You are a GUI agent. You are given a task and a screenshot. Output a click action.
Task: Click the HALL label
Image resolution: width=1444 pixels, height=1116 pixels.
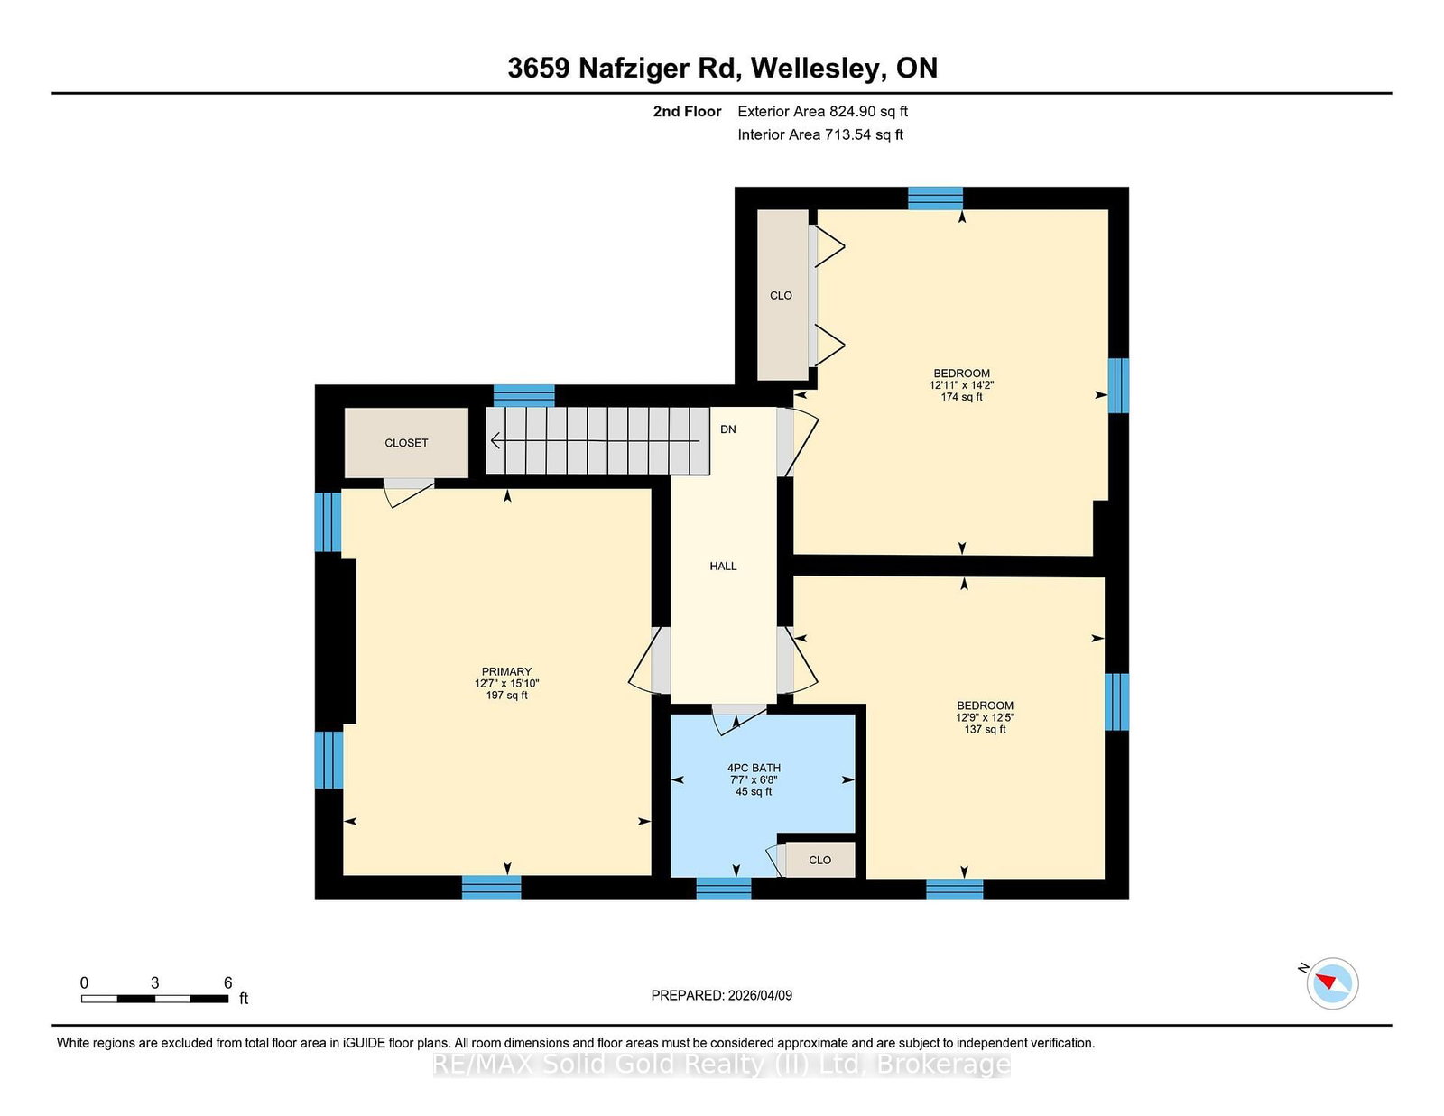click(723, 566)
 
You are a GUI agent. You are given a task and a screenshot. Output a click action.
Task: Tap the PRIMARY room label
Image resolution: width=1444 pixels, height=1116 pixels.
click(506, 671)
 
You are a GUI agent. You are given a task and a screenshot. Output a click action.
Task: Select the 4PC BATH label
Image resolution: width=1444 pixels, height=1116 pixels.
click(754, 768)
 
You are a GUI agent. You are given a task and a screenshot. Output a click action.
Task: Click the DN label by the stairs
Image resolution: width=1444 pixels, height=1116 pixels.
click(728, 429)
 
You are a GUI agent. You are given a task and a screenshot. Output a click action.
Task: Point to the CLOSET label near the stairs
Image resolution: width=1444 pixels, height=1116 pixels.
click(406, 443)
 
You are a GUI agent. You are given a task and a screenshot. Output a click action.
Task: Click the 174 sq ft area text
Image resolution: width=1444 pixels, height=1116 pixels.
click(961, 397)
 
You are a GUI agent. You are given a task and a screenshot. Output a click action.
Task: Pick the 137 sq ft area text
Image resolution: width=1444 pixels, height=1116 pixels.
click(985, 729)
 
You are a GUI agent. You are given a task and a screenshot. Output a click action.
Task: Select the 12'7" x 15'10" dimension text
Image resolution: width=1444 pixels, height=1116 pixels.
click(506, 684)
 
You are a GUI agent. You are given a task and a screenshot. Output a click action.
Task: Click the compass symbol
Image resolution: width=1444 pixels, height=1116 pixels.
click(1332, 983)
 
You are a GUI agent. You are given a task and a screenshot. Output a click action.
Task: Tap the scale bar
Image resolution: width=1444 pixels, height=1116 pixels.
click(155, 999)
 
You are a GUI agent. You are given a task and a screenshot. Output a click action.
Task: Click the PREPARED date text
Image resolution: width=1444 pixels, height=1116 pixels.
click(722, 995)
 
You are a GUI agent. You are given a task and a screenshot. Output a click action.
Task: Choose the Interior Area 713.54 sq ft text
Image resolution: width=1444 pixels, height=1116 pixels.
click(820, 134)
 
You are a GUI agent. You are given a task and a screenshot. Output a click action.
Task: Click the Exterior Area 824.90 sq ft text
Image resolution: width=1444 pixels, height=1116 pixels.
click(823, 112)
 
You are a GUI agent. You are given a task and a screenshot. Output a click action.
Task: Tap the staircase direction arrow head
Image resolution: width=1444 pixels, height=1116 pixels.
click(495, 440)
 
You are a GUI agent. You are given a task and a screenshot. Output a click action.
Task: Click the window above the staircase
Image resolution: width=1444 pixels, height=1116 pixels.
click(523, 395)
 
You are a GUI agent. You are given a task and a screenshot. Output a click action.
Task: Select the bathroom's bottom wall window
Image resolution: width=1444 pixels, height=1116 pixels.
click(724, 888)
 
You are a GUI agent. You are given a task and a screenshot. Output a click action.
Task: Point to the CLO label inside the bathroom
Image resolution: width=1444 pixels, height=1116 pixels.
click(820, 861)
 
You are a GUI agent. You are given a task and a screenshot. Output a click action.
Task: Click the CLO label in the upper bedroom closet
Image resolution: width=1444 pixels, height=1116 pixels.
click(781, 296)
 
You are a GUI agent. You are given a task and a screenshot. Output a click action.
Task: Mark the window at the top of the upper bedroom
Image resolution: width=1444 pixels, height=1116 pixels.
click(935, 198)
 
